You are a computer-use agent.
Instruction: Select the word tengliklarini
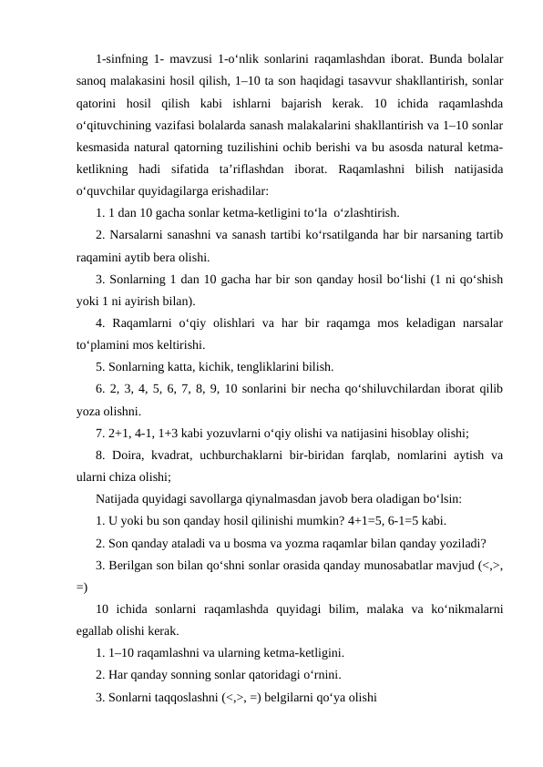coord(268,368)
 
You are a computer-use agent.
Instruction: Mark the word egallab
coord(97,629)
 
